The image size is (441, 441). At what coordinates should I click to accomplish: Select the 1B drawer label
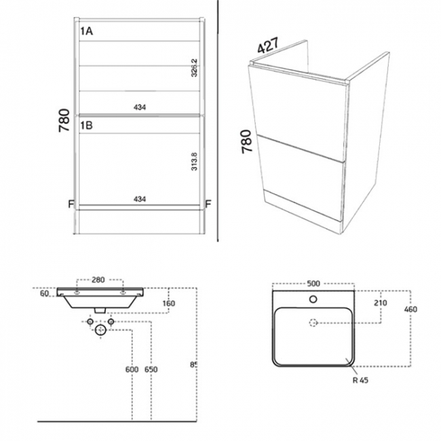coord(87,126)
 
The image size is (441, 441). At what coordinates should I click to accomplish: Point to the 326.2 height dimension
coord(195,69)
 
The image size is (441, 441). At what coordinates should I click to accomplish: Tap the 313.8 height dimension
coord(195,161)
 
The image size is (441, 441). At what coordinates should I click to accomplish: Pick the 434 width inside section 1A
coord(140,107)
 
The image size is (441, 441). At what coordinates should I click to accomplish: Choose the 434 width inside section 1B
coord(140,199)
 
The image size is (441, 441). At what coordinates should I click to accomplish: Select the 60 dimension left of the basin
coord(43,294)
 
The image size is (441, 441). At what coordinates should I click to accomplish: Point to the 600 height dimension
coord(132,369)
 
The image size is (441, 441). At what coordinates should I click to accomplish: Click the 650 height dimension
coord(152,369)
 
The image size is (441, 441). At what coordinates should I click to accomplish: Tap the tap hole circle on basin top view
coord(313,299)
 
